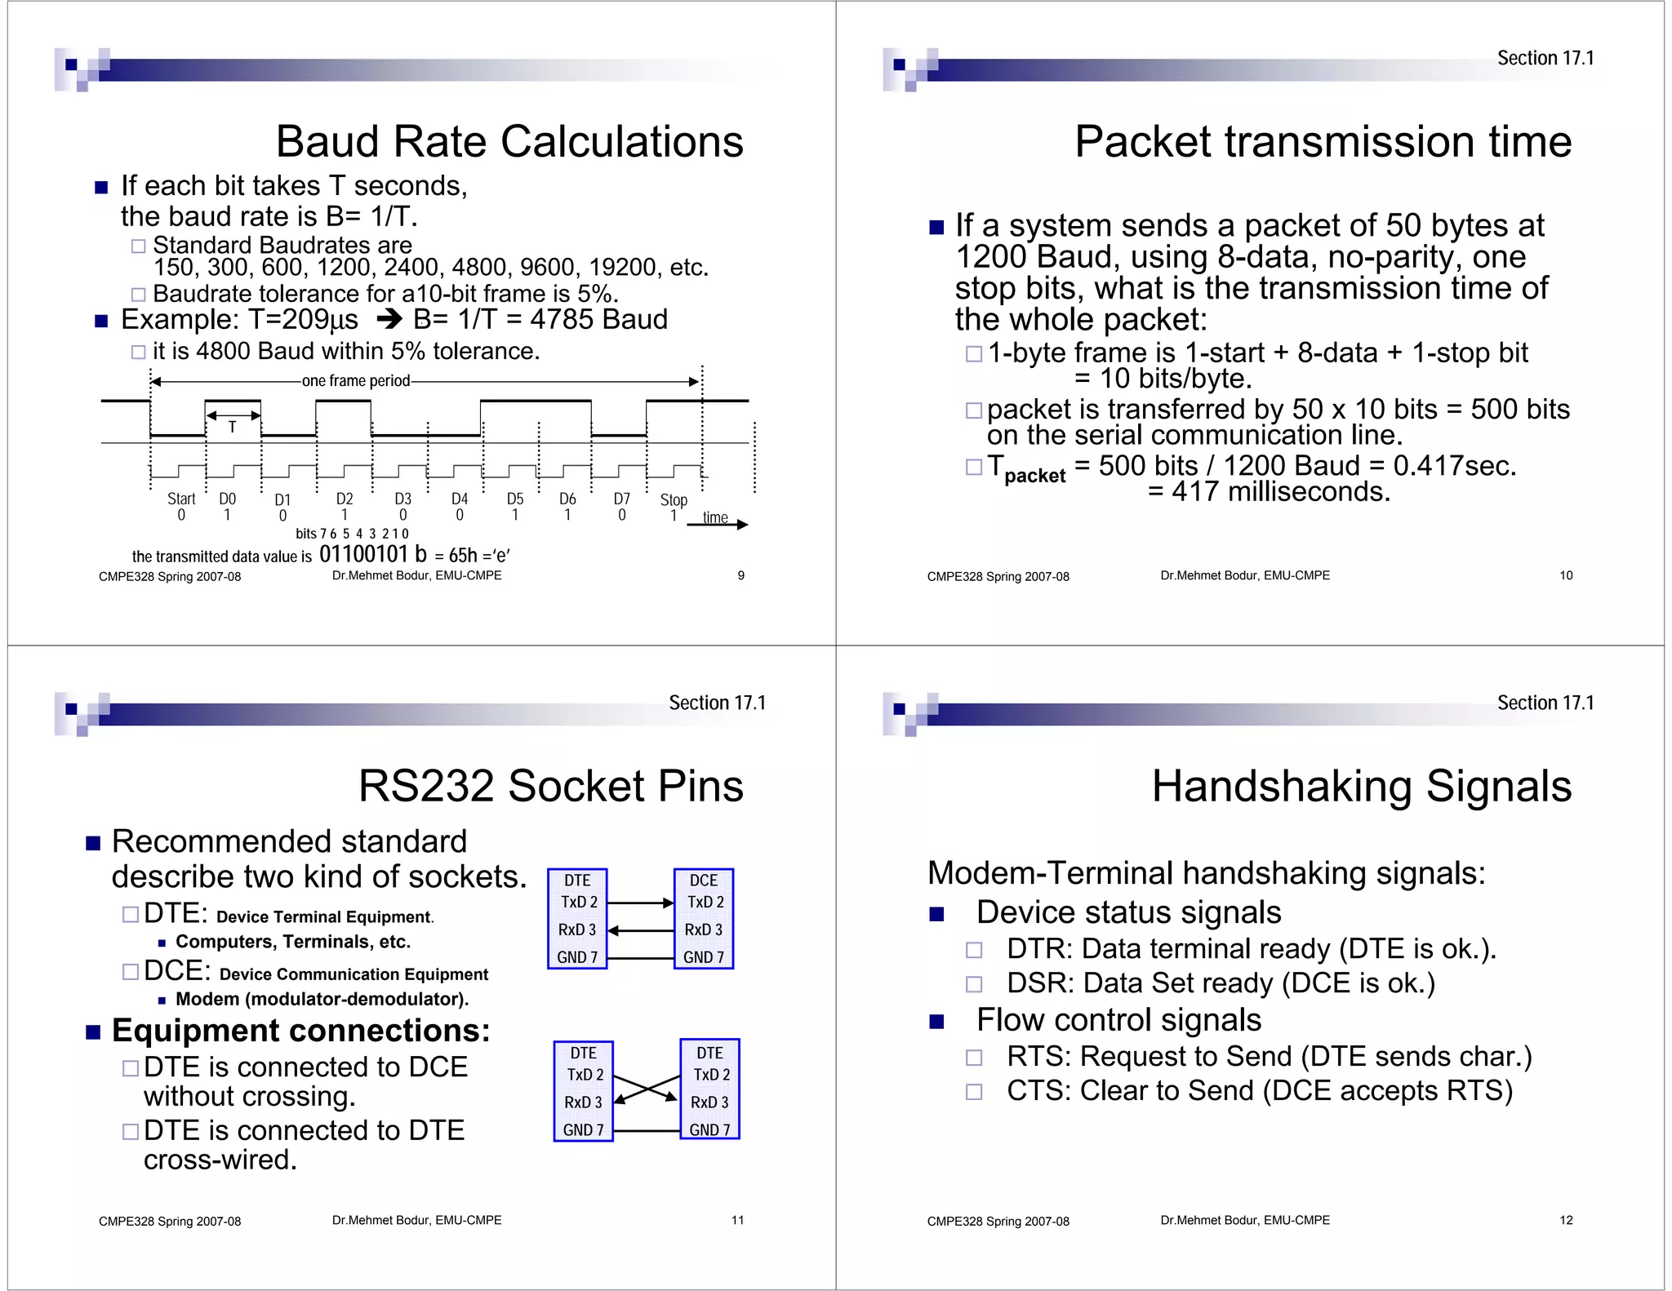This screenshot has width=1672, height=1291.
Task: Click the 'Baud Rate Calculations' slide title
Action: tap(509, 142)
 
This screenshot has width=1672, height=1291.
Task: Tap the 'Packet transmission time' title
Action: tap(1323, 142)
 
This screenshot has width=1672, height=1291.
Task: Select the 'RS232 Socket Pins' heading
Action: tap(550, 787)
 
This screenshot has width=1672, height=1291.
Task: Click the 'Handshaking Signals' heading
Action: tap(1361, 787)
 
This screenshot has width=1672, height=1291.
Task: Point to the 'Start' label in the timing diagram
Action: tap(181, 499)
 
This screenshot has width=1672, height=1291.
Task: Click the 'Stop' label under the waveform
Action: tap(674, 499)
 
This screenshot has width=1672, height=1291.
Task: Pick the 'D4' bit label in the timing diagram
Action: tap(460, 499)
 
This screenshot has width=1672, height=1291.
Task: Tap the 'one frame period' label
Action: tap(356, 381)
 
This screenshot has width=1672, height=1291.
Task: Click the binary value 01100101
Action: tap(363, 555)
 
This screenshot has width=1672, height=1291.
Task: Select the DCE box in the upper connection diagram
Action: tap(704, 918)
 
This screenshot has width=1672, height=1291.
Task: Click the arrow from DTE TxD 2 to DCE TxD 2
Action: tap(640, 903)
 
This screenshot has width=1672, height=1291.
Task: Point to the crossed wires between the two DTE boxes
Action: tap(647, 1089)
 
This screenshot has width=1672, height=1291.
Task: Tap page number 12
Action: tap(1566, 1220)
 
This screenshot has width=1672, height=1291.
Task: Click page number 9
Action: tap(740, 575)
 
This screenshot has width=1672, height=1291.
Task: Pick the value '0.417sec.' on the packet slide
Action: tap(1455, 466)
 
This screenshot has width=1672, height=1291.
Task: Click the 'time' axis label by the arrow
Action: tap(715, 517)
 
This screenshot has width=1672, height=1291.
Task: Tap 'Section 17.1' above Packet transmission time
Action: tap(1545, 58)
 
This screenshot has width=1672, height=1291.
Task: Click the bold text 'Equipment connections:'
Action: tap(300, 1031)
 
